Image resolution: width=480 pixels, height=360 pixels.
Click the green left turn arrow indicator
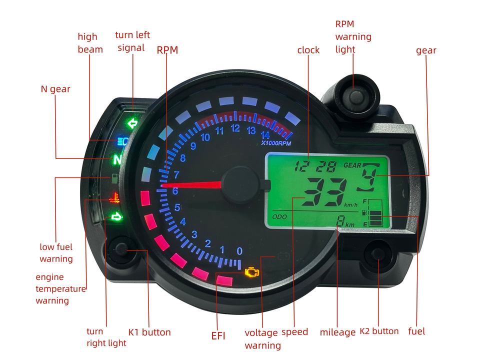(132, 123)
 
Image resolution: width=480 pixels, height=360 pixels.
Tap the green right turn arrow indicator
(116, 216)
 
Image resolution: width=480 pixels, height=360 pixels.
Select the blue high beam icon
(122, 141)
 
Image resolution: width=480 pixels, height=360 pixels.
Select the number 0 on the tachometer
(239, 250)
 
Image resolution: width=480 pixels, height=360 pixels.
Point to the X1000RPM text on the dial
(275, 143)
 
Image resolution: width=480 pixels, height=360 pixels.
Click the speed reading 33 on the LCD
(324, 191)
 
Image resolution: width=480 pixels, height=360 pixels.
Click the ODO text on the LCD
(278, 217)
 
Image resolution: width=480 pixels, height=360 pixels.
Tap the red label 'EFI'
(218, 336)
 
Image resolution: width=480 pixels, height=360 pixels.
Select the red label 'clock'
(308, 50)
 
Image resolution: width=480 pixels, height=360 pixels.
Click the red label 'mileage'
(337, 332)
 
